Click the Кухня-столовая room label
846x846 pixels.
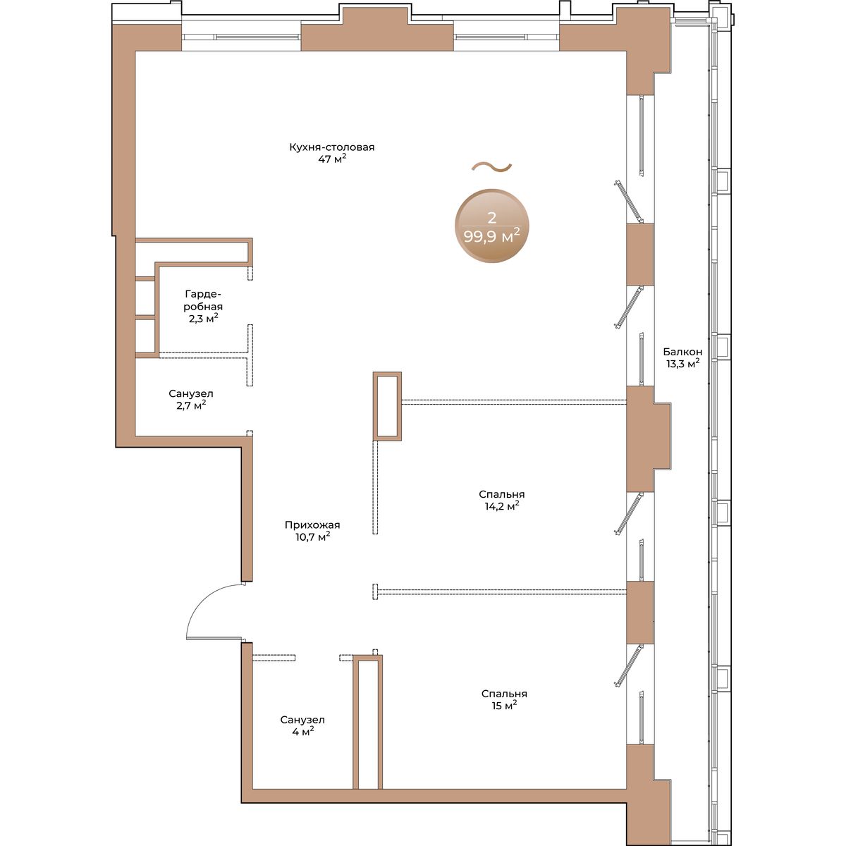tap(331, 147)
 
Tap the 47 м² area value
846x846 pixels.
tap(332, 159)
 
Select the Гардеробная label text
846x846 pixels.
tap(203, 300)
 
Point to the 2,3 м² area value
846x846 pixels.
tap(203, 318)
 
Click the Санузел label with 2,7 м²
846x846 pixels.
tap(191, 394)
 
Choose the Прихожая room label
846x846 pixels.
tap(312, 525)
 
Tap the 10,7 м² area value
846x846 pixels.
tap(312, 537)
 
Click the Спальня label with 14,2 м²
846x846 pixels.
tap(502, 494)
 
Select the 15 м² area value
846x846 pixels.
tap(504, 705)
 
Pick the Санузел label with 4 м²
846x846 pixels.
tap(302, 720)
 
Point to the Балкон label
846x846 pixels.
tap(682, 352)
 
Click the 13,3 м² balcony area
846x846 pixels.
tap(682, 364)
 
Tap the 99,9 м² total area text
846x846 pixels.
tap(491, 237)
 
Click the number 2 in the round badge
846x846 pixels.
tap(491, 217)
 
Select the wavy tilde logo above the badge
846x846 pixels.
tap(491, 166)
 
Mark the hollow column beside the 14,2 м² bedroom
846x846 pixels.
tap(387, 405)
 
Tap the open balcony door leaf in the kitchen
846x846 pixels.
tap(629, 202)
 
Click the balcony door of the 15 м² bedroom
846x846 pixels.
tap(629, 666)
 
